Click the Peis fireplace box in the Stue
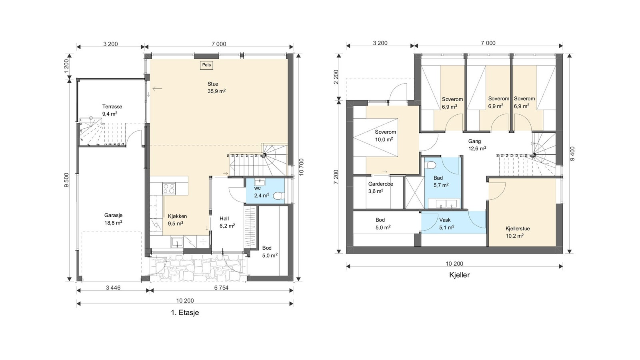[206, 65]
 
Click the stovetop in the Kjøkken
[169, 188]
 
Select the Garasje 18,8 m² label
[113, 219]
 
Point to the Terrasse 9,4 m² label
[112, 110]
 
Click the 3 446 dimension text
[113, 288]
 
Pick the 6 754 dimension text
[221, 288]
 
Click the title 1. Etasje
[185, 313]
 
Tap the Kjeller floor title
[460, 275]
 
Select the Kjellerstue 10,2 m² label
[517, 232]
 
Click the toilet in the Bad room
[431, 164]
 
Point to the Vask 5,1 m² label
[446, 224]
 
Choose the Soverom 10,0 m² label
[385, 136]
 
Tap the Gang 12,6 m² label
[476, 145]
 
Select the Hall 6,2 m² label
[225, 222]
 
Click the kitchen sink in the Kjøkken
[176, 242]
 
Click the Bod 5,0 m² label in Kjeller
[381, 224]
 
